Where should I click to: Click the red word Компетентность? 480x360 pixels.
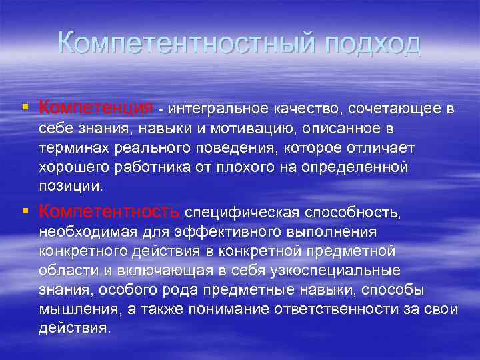(109, 212)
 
